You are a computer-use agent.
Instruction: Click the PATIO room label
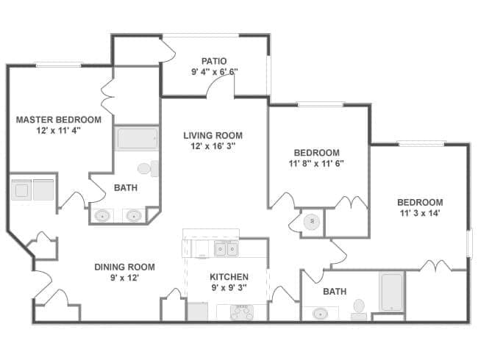point(214,61)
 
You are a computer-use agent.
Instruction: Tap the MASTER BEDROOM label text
point(58,120)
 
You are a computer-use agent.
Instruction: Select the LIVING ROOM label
point(213,135)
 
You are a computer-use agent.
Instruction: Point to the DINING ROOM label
point(124,267)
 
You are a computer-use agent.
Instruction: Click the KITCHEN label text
point(229,277)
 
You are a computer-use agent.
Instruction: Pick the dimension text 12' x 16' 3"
point(213,146)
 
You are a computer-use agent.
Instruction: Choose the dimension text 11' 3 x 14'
point(420,213)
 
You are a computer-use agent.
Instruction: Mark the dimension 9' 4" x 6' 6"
point(214,72)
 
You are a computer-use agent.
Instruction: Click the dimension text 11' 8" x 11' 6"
point(316,163)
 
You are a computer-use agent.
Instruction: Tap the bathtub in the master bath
point(136,139)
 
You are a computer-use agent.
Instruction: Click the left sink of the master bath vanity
point(103,216)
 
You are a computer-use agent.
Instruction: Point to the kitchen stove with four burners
point(241,312)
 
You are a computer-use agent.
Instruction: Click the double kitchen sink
point(226,249)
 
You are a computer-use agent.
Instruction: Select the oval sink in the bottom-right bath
point(320,314)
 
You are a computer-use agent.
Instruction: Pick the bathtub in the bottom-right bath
point(391,292)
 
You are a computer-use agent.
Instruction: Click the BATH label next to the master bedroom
point(126,188)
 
